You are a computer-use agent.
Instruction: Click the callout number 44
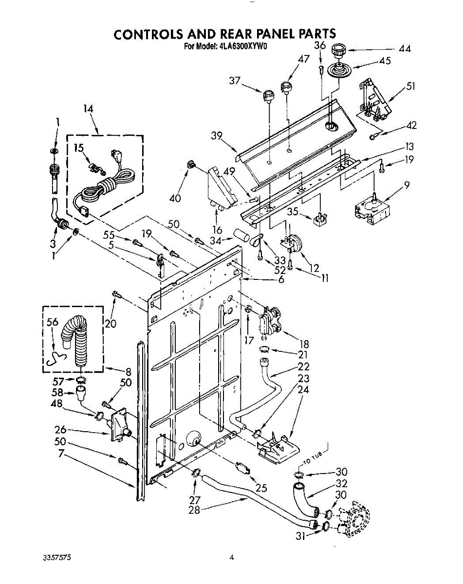click(404, 49)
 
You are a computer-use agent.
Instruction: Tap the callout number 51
click(410, 87)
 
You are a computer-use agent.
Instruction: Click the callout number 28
click(195, 510)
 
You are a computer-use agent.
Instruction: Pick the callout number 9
click(407, 184)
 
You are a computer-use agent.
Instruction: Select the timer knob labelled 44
click(336, 50)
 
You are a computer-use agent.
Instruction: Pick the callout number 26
click(61, 430)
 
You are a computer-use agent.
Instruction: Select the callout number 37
click(235, 81)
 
